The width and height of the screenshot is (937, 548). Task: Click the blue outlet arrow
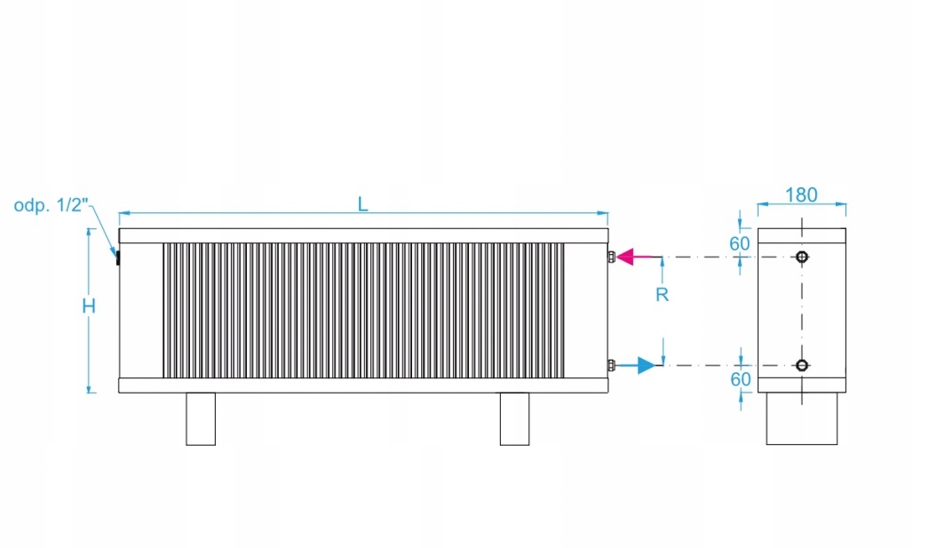636,365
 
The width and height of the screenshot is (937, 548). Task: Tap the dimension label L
362,204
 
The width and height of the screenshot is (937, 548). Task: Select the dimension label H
89,306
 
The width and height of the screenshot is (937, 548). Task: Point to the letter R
662,295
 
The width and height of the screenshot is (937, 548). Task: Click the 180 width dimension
801,195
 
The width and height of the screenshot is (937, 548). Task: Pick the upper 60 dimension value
739,244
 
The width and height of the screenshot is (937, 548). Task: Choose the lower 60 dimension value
741,379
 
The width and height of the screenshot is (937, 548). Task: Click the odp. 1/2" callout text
52,205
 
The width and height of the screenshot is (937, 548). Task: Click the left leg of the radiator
201,419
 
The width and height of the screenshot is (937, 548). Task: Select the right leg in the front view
514,419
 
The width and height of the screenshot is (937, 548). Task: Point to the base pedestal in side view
802,418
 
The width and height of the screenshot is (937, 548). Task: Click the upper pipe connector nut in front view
611,257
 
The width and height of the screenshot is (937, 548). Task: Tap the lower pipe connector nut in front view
611,365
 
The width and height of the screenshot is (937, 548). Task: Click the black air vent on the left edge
118,258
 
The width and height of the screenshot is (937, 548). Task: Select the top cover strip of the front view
363,235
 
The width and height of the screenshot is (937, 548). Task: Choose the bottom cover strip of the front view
363,385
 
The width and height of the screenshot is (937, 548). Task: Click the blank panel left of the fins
141,311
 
